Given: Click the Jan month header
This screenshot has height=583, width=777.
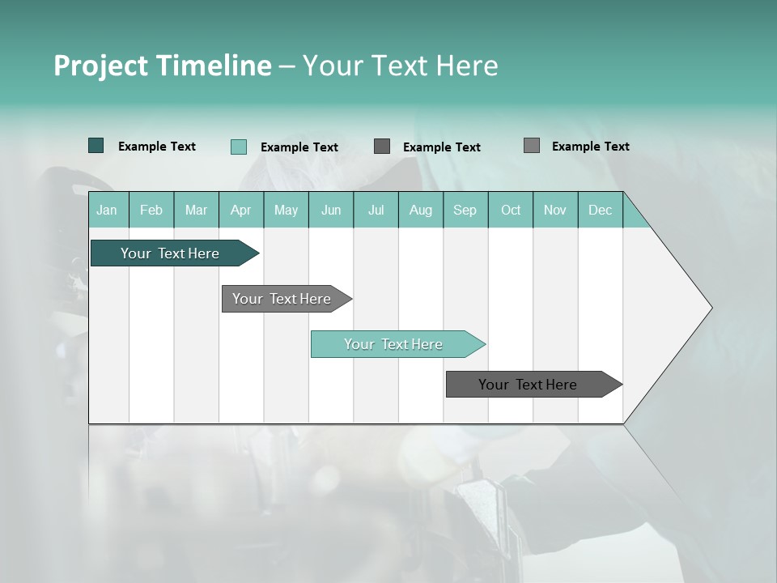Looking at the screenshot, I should (x=107, y=210).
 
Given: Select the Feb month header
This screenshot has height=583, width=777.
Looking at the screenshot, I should (x=151, y=210).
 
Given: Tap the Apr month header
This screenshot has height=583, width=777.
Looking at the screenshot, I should (x=240, y=210).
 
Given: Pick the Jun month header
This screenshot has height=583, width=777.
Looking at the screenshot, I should (x=331, y=210).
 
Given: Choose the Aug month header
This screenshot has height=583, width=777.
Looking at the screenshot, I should (x=420, y=210).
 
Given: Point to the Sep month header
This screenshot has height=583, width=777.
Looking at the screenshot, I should (x=465, y=210).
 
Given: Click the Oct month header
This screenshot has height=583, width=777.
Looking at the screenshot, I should (x=511, y=210).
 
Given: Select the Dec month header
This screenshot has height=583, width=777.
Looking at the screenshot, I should (x=600, y=210).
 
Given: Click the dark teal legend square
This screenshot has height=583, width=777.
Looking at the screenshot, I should (x=96, y=146).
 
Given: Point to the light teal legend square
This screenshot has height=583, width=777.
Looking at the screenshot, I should (x=238, y=147).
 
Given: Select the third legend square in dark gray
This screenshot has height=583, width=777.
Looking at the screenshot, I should (x=382, y=147).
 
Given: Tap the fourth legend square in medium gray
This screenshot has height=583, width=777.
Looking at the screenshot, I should (x=531, y=146).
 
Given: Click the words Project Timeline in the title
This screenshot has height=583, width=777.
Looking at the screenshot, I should (x=162, y=66).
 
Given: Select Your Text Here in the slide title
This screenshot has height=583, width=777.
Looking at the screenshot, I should (x=400, y=66).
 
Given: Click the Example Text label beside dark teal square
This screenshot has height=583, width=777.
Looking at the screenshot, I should (x=157, y=147).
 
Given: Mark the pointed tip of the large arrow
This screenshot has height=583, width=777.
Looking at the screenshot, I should (x=711, y=308).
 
